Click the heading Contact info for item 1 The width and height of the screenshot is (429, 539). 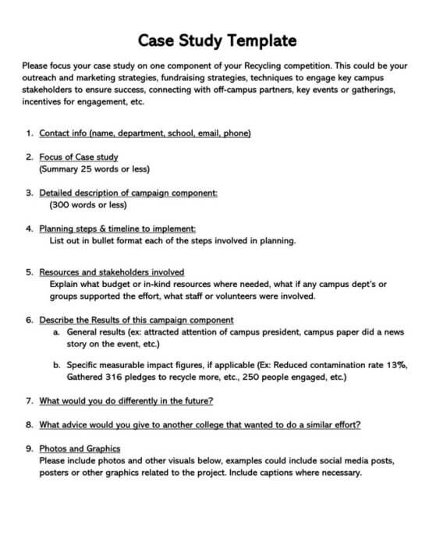coord(145,133)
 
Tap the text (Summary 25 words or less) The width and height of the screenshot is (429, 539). coord(94,168)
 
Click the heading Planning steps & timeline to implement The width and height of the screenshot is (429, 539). coord(117,229)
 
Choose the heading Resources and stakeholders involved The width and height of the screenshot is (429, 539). coord(112,272)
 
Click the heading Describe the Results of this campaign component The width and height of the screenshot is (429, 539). coord(136,320)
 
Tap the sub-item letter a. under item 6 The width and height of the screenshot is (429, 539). coord(57,332)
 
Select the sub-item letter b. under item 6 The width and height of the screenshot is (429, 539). coord(57,364)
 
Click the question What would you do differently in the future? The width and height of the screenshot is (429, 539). coord(126,401)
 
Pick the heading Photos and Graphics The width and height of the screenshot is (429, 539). coord(80,449)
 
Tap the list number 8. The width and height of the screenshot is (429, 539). coord(29,424)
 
